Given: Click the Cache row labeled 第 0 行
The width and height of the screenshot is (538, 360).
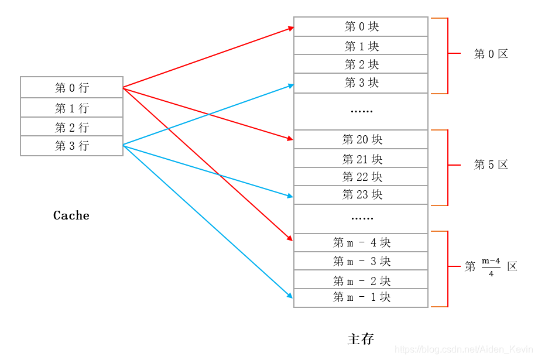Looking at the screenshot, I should point(71,88).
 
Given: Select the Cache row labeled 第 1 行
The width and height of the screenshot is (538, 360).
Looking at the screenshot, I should point(71,108).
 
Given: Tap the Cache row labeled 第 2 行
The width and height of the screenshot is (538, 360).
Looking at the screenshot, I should point(71,127).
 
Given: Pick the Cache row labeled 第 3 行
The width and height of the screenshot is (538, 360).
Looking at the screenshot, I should point(71,146).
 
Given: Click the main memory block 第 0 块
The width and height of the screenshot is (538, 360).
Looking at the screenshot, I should point(361,27).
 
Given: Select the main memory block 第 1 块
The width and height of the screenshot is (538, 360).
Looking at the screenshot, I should point(361,46).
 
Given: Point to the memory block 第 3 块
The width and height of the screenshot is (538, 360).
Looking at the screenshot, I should point(361,83).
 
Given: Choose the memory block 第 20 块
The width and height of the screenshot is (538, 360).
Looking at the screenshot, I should point(361,139).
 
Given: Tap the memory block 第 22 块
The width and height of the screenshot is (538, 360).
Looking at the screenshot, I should point(361,177).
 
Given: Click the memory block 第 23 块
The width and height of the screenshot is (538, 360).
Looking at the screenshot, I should point(361,195).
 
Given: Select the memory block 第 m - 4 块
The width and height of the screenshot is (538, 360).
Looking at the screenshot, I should point(361,242).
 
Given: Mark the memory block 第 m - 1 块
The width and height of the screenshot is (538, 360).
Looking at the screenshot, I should point(361,297).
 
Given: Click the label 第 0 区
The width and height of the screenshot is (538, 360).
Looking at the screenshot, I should point(491,54).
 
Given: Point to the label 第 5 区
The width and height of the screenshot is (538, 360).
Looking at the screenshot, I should point(491,164).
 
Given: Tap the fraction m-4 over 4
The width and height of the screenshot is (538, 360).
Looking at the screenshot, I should point(491,266).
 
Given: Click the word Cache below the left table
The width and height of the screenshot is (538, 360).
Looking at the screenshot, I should point(71,215).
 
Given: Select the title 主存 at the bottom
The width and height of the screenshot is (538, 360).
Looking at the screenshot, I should point(361,339).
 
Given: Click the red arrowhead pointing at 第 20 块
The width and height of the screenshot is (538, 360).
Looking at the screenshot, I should point(290,139).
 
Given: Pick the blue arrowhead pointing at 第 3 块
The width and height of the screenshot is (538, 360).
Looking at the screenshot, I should point(290,85).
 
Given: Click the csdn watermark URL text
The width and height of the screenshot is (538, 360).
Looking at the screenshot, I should point(465,349).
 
